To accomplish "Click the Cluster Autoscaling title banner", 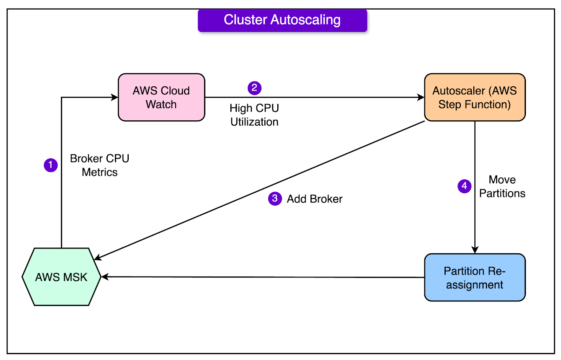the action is coord(283,20).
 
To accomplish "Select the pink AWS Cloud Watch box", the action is coord(162,97).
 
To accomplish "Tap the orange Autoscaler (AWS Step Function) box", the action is coord(475,97).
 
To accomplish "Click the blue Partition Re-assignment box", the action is coord(475,278).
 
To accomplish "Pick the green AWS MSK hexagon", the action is coord(62,277).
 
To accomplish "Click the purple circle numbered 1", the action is coord(51,165).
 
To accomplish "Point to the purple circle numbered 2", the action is coord(255,88).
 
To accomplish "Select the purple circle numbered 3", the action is coord(275,199).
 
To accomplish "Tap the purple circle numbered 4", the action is coord(465,186).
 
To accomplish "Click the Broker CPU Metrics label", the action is coord(100,165).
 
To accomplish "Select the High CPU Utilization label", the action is coord(255,115).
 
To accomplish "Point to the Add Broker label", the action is coord(315,199).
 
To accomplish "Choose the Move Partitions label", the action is coord(502,186).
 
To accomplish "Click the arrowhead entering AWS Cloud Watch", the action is coord(115,97).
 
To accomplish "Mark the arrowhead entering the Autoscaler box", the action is coord(421,97).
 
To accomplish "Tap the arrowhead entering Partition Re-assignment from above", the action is coord(475,250).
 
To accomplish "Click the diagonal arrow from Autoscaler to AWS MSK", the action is coord(259,191).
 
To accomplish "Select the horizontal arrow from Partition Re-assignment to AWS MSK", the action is coord(263,277).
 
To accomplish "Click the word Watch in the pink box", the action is coord(161,104).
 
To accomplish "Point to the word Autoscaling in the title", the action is coord(305,20).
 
